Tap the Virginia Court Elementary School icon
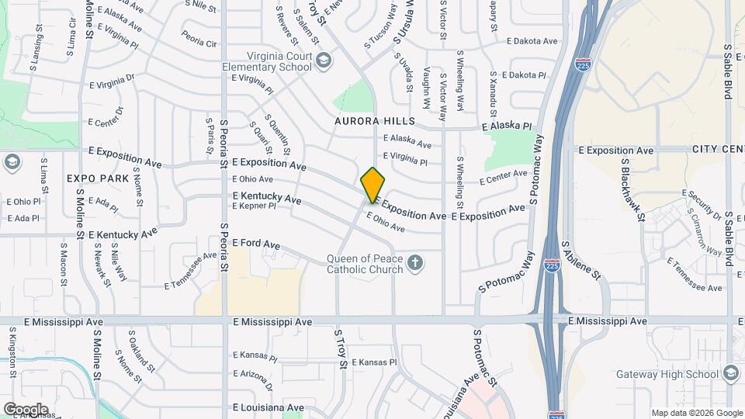(322, 61)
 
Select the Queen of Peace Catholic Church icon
(415, 263)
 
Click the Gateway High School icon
(730, 374)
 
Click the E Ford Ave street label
(255, 244)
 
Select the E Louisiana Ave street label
(268, 407)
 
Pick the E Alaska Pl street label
(507, 126)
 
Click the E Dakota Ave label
(532, 41)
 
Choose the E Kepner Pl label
(254, 206)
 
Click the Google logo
(25, 410)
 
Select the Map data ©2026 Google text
(696, 413)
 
